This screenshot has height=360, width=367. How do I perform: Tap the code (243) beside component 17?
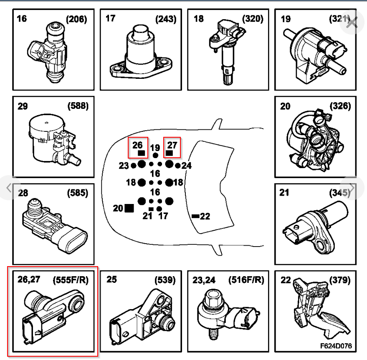[x=165, y=19]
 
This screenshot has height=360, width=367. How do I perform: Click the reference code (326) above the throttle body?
[x=340, y=106]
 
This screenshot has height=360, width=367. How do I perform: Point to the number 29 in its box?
[x=23, y=106]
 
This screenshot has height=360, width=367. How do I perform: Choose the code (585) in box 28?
[x=78, y=193]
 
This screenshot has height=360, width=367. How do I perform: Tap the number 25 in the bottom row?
[x=111, y=279]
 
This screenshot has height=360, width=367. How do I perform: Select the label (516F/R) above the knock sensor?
[x=246, y=279]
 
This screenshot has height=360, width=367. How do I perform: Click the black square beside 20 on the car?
[x=129, y=207]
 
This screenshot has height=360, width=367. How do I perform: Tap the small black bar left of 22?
[x=195, y=216]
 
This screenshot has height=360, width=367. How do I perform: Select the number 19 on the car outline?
[x=155, y=148]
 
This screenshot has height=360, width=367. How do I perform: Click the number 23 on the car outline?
[x=124, y=166]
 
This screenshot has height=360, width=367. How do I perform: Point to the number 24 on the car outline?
[x=187, y=166]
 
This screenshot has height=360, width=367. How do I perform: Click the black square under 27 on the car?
[x=170, y=153]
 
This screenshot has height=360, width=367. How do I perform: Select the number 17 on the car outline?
[x=164, y=216]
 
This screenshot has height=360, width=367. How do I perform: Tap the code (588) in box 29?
[x=78, y=106]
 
